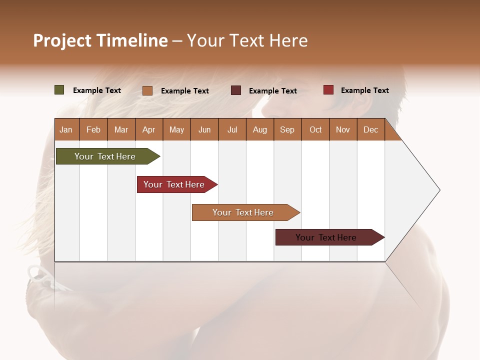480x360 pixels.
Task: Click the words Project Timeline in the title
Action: click(100, 40)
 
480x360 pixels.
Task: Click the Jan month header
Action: click(66, 129)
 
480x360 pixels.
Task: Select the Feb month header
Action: click(93, 129)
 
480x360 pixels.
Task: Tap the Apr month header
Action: click(148, 129)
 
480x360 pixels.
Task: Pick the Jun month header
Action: click(204, 129)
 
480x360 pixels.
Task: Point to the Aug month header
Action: click(259, 129)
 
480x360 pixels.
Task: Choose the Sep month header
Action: click(287, 129)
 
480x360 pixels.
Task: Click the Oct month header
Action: click(315, 129)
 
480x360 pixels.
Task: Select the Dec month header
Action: click(370, 129)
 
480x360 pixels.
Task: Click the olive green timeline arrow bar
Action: click(105, 156)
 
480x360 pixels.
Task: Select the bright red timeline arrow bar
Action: click(174, 184)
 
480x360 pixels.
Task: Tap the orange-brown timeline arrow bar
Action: click(243, 212)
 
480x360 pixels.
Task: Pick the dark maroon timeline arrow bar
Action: click(326, 237)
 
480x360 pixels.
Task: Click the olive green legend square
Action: click(59, 90)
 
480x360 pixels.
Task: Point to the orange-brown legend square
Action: click(147, 90)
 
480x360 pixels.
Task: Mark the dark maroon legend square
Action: click(236, 90)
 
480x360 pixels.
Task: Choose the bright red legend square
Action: click(328, 90)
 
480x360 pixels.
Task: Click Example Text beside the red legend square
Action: click(364, 90)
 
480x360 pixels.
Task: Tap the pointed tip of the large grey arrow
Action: click(438, 190)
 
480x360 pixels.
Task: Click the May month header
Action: click(176, 129)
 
